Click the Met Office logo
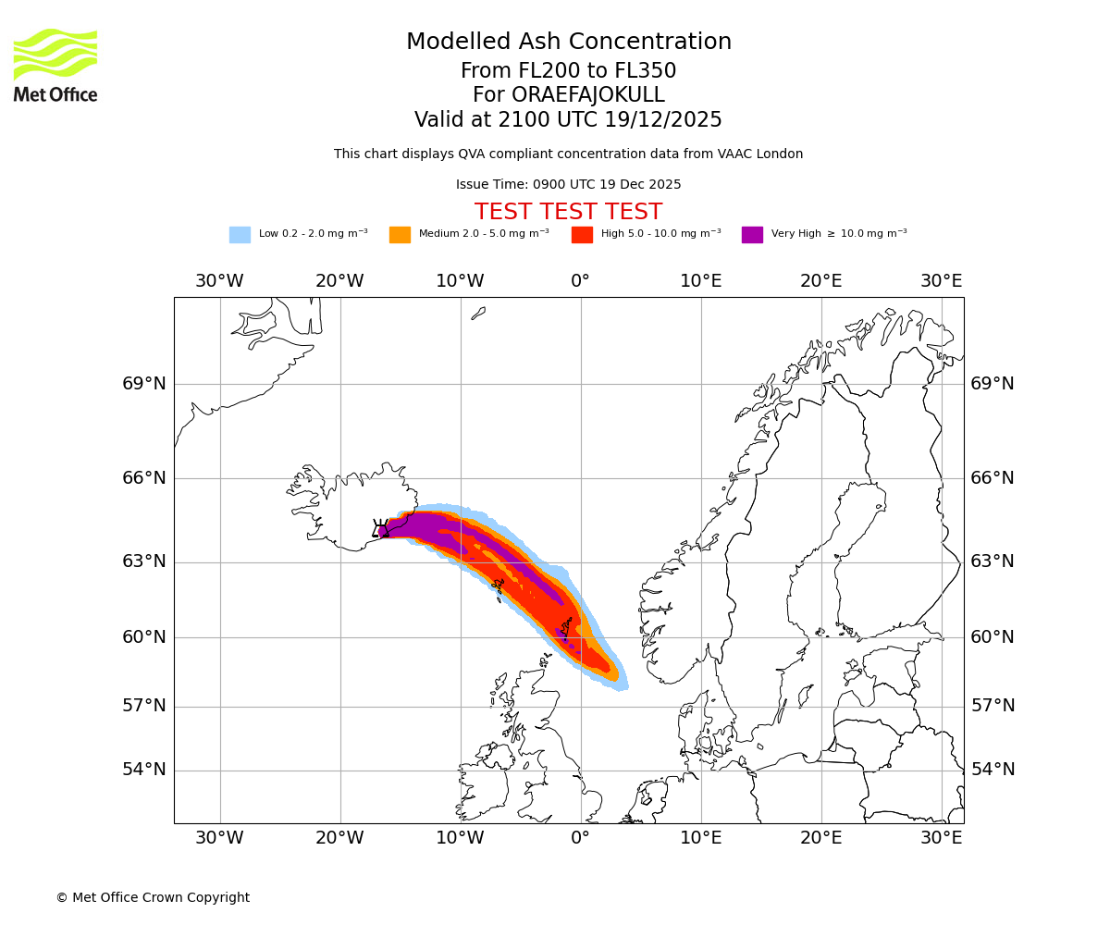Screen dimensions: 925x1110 click(55, 65)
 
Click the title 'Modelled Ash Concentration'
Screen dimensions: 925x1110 click(569, 43)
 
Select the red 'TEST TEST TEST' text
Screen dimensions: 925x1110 click(568, 212)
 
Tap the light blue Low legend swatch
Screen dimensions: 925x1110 click(240, 234)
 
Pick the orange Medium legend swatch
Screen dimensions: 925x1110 click(400, 234)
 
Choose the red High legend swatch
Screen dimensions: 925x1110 click(582, 234)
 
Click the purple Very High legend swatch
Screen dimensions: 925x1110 click(752, 234)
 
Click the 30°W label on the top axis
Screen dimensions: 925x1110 click(219, 281)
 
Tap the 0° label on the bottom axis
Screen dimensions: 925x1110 click(580, 838)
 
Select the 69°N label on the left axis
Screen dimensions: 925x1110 click(144, 384)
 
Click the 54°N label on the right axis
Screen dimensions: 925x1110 click(993, 770)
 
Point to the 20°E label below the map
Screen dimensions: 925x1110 click(820, 838)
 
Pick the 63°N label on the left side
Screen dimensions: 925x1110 click(144, 561)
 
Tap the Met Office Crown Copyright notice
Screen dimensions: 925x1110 click(153, 897)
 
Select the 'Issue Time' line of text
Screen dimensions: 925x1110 click(568, 185)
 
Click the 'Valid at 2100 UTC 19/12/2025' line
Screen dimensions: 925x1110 click(568, 120)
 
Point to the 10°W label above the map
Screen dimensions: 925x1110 click(460, 281)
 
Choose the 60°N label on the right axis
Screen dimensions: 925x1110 click(993, 636)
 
